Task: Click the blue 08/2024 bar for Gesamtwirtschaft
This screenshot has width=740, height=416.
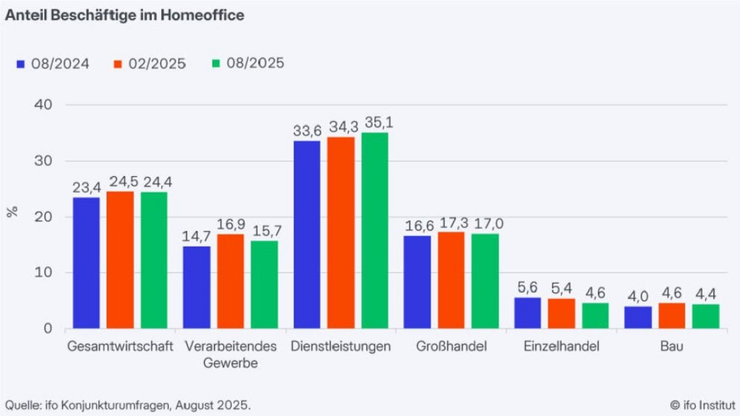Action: (x=86, y=263)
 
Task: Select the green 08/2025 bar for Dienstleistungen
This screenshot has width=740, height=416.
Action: (x=374, y=230)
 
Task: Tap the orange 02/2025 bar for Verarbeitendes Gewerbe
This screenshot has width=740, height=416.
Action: (x=230, y=281)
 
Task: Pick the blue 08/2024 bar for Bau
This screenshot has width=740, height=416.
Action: (x=638, y=317)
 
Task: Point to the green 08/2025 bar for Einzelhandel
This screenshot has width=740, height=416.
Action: (x=595, y=315)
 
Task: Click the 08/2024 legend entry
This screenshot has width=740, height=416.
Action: (x=53, y=63)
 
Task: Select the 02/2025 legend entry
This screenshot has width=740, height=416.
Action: (x=150, y=63)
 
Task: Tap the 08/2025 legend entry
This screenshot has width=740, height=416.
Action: (x=248, y=63)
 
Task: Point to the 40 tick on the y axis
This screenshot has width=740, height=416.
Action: (x=43, y=105)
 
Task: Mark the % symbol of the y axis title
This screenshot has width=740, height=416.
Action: (x=11, y=212)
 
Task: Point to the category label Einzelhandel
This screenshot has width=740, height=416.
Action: (x=561, y=346)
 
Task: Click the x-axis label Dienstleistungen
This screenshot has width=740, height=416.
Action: (x=340, y=346)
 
